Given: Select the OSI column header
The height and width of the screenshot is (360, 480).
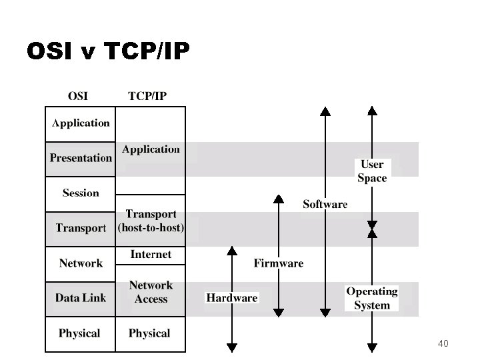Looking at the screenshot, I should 77,95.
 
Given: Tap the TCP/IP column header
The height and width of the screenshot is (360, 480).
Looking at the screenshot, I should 147,95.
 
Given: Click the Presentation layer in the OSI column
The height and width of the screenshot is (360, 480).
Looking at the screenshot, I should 81,158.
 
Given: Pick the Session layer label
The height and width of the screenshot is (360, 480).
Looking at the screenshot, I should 81,193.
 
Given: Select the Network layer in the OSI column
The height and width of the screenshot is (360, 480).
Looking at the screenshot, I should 81,263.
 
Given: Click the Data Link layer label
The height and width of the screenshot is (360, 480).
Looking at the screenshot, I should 81,298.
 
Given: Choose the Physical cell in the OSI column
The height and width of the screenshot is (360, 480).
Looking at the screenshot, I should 79,333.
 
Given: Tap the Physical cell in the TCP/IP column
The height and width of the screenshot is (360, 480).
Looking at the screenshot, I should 149,333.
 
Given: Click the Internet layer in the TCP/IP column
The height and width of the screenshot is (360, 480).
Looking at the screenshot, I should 151,255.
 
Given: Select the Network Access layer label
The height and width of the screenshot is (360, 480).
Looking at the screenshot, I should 151,292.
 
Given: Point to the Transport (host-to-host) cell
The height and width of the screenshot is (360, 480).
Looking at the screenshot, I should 151,221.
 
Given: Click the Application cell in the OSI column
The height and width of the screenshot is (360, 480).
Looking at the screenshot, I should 81,123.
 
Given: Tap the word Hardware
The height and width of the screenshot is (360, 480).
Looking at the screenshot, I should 232,298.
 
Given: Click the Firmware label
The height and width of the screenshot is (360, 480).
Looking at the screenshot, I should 279,263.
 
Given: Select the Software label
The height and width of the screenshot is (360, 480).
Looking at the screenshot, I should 325,204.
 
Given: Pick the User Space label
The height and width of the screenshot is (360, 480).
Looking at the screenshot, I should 372,171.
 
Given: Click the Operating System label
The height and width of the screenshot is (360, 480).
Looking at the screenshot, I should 372,298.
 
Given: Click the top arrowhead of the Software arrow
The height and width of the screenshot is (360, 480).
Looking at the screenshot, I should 325,111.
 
